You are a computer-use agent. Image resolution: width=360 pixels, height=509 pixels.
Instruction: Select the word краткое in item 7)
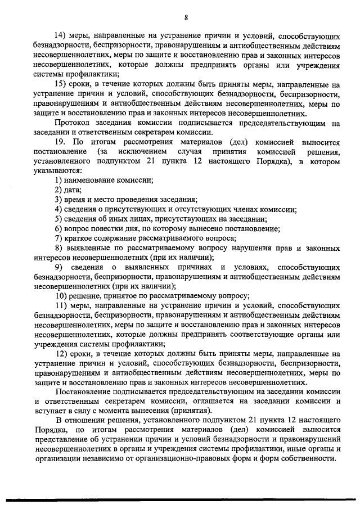(79, 238)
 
